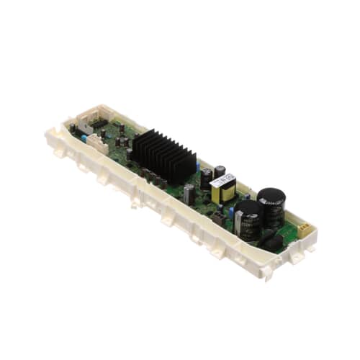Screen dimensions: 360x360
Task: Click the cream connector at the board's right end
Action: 302,228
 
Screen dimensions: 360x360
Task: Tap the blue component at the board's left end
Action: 85,136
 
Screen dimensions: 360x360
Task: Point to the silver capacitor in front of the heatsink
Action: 189,194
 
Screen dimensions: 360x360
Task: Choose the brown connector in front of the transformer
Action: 217,215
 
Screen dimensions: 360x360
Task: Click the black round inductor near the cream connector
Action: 272,243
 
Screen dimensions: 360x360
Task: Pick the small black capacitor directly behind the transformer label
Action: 220,171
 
